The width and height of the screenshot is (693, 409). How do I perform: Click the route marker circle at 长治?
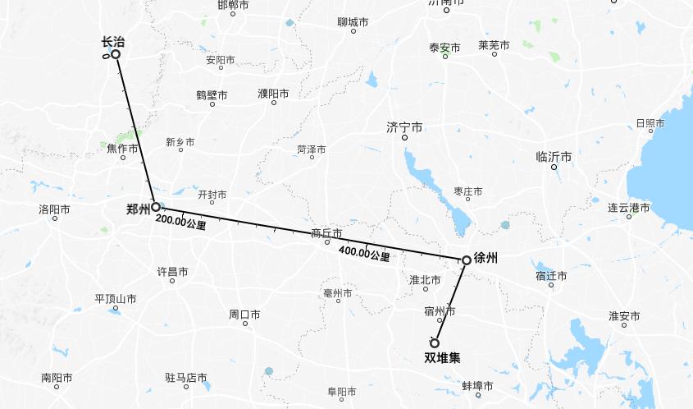point(116,54)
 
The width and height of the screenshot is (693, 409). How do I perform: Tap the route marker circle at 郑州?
point(156,207)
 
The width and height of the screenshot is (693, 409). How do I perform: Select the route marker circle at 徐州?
point(466,260)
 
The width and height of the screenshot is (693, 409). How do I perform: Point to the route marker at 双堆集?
point(435,342)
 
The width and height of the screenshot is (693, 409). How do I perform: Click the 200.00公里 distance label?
point(180,223)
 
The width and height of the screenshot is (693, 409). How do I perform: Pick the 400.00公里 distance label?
point(364,255)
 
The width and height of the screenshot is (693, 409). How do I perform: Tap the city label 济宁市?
point(404,127)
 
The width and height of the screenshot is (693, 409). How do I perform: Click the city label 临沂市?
point(554,157)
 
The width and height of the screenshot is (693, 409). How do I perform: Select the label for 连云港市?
point(628,208)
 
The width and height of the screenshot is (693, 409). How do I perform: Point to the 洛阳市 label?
point(54,209)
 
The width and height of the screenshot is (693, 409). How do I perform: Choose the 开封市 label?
point(212,195)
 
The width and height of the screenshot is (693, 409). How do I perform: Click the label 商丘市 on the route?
point(326,233)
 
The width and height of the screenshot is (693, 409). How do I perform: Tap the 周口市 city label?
point(244,315)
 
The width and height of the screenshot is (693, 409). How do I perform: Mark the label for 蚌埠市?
point(476,386)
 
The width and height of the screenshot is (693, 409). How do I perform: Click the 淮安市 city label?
point(624,316)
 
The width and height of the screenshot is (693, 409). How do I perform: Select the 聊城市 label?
point(353,22)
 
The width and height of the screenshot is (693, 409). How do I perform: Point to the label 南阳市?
point(57,379)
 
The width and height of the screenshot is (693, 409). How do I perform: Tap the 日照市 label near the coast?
point(650,123)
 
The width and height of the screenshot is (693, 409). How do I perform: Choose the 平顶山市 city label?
point(115,299)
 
